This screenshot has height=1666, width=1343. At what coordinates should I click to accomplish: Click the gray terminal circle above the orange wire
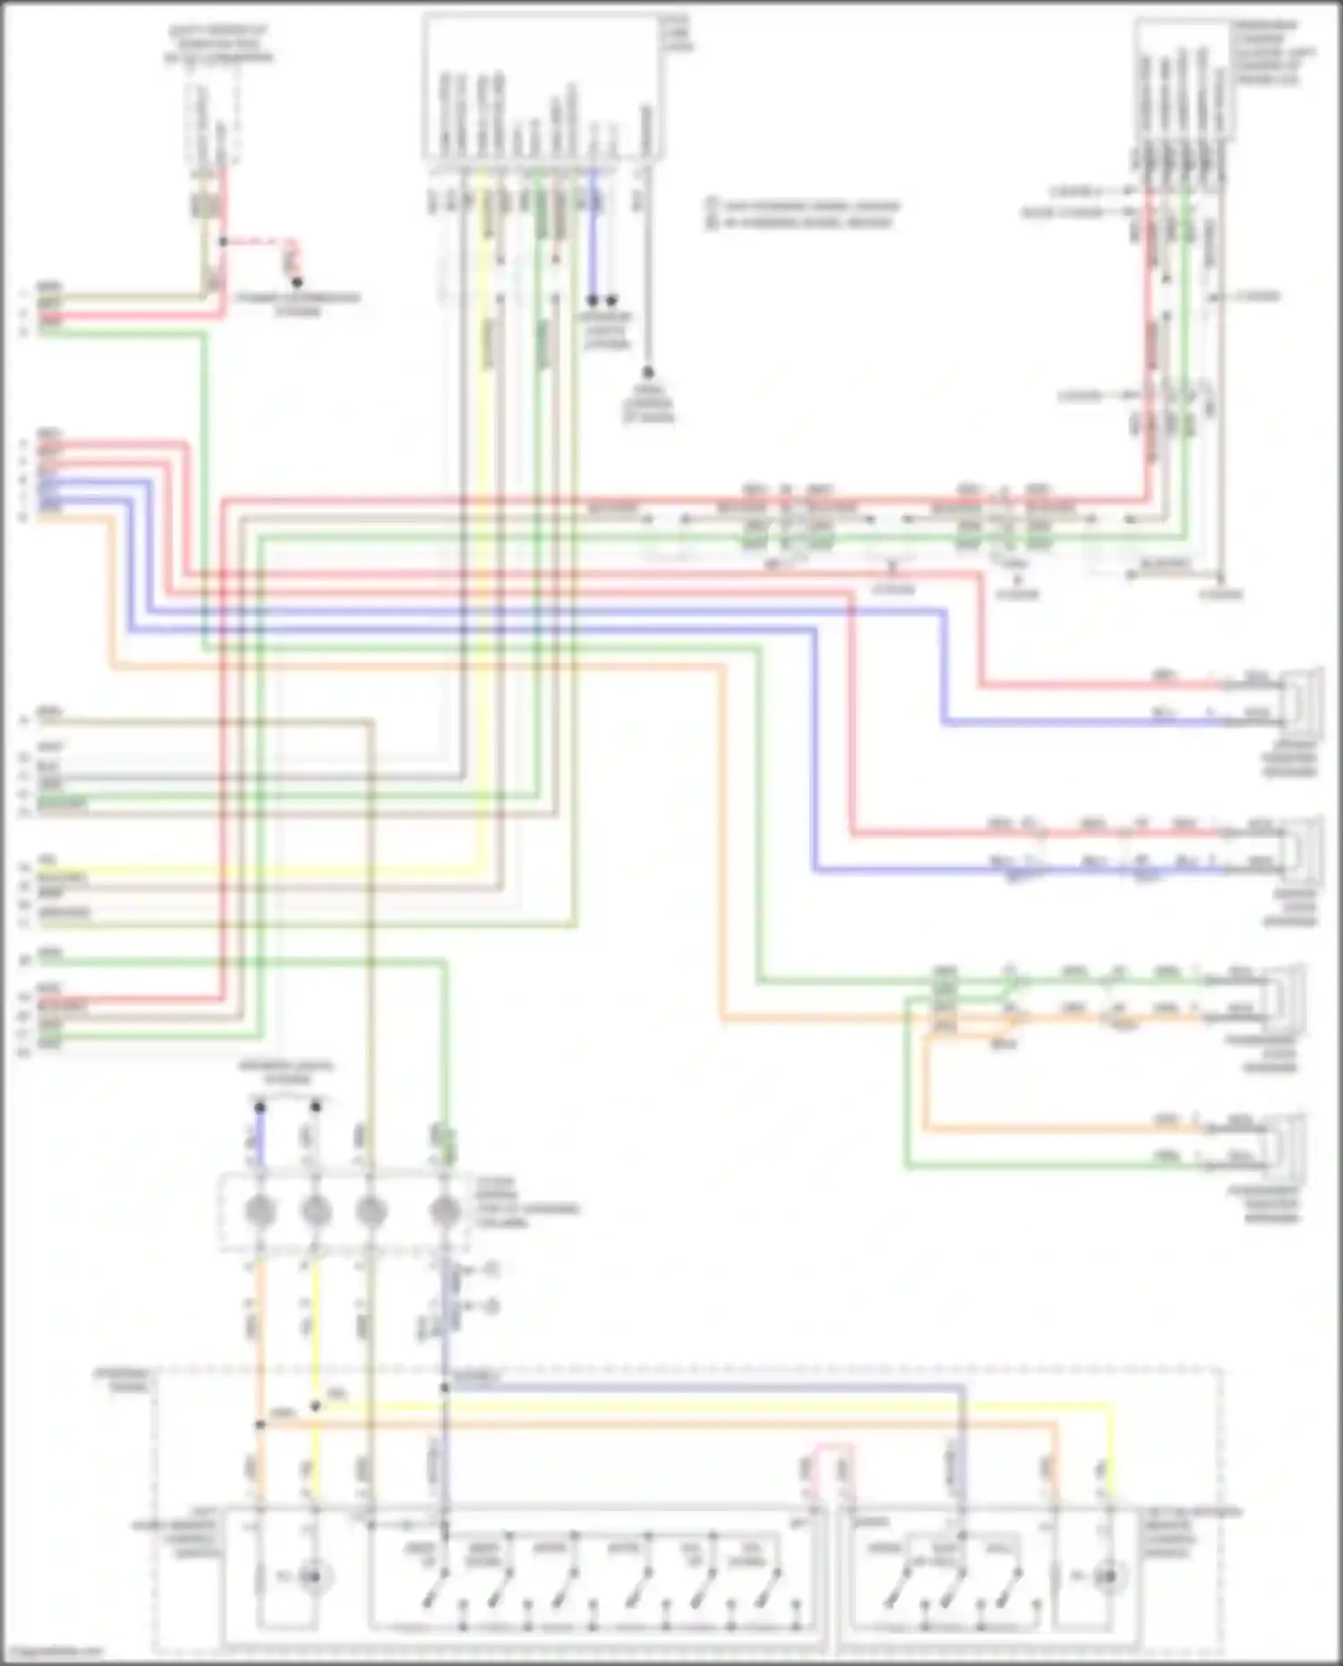click(260, 1210)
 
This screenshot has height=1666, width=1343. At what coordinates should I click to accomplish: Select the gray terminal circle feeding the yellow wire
click(315, 1210)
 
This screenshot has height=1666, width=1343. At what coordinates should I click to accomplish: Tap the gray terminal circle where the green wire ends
click(445, 1210)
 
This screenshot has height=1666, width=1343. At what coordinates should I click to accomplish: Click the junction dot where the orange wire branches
click(261, 1423)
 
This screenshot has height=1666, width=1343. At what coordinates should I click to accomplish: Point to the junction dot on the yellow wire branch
click(315, 1406)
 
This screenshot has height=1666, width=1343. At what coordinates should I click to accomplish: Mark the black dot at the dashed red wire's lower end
click(297, 282)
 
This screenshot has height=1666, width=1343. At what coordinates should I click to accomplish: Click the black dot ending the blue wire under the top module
click(593, 301)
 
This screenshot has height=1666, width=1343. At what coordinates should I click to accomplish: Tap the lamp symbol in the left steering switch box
click(311, 1576)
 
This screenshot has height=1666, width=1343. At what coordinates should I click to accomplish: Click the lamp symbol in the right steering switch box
click(1108, 1576)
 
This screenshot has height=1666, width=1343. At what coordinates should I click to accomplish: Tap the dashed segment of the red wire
click(260, 242)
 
